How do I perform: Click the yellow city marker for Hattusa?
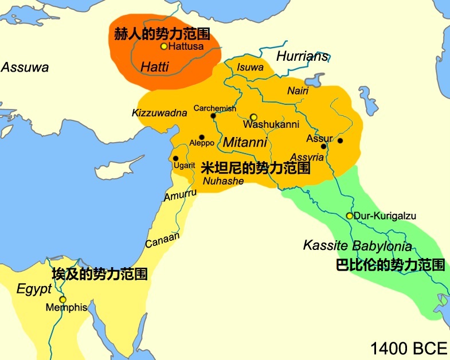click(x=164, y=46)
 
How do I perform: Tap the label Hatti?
click(x=154, y=67)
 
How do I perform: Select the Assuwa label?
click(x=25, y=67)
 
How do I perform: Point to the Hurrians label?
click(x=303, y=56)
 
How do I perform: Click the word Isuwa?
click(x=250, y=68)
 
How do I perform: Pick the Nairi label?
click(x=298, y=91)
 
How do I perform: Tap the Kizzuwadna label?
click(x=159, y=113)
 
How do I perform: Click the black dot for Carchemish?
click(x=213, y=116)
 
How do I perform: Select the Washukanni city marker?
click(x=253, y=116)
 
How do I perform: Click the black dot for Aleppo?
click(x=201, y=137)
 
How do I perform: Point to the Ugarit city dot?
click(x=176, y=158)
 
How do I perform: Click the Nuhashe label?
click(x=224, y=181)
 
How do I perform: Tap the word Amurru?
click(x=180, y=195)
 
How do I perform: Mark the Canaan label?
click(x=162, y=240)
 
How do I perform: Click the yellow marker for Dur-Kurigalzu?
click(x=350, y=216)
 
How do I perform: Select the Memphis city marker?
click(x=62, y=299)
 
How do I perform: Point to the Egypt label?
click(x=34, y=289)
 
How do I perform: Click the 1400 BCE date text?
click(x=408, y=349)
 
